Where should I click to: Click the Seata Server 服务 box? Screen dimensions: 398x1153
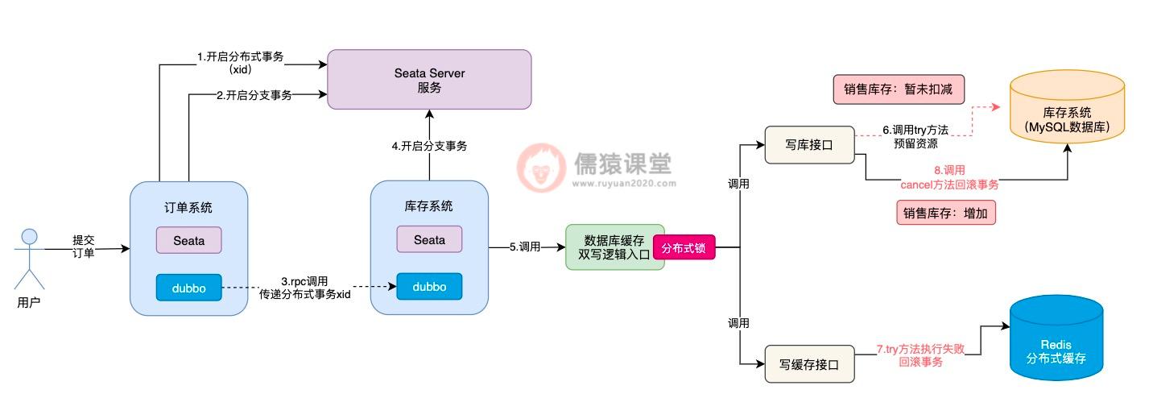coord(429,80)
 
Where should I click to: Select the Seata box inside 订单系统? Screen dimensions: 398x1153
coord(188,240)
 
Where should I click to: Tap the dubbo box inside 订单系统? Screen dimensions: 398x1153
coord(188,288)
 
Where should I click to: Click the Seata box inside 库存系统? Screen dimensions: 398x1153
coord(429,239)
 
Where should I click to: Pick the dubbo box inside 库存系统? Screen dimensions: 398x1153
coord(429,287)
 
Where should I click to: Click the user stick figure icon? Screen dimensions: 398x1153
coord(30,258)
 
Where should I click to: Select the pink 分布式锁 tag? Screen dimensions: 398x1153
coord(684,248)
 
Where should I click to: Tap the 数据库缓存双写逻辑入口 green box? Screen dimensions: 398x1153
coord(614,247)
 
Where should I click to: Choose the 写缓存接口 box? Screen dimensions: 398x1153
coord(809,364)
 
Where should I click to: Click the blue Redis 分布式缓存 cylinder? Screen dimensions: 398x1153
coord(1056,338)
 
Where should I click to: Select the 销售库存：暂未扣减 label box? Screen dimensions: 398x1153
coord(898,89)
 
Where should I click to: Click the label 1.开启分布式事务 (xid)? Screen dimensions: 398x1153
coord(241,63)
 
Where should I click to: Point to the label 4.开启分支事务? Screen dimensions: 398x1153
coord(429,146)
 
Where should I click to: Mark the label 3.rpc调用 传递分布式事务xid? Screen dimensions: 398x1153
coord(304,288)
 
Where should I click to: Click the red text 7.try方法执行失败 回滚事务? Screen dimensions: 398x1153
coord(920,356)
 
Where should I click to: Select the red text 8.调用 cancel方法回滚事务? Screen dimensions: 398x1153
coord(949,177)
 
